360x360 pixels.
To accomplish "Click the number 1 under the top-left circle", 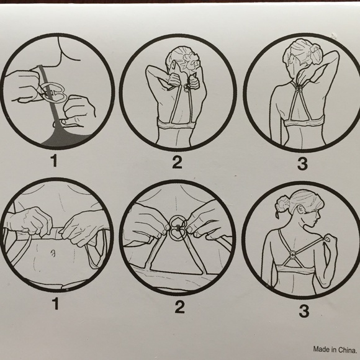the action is coord(55,161).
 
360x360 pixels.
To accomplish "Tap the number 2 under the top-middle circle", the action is coord(177,162).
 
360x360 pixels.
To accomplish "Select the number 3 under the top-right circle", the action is coord(302,163).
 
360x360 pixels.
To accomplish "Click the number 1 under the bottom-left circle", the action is coord(56,304).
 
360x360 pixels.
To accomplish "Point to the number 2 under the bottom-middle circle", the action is coord(180,307).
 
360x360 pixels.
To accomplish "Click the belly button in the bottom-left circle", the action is coord(53,253).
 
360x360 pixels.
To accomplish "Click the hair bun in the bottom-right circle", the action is coord(282,204).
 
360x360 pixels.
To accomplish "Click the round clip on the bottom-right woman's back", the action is coord(293,254).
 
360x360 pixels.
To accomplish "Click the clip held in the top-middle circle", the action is coord(186,88).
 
